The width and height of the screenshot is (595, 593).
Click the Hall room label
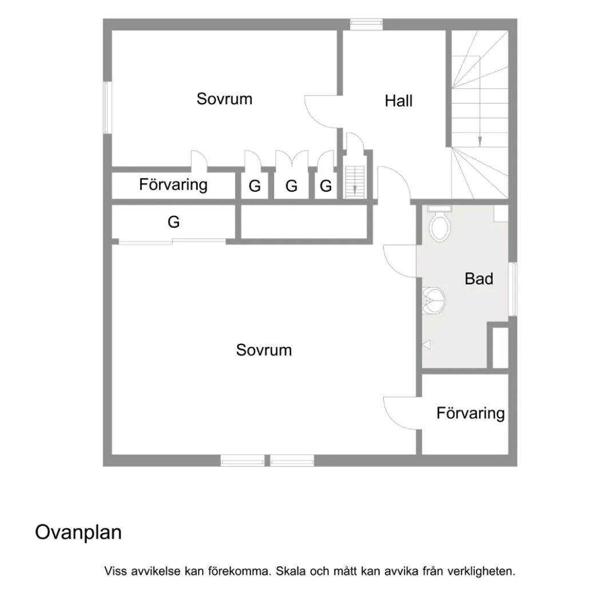(x=398, y=101)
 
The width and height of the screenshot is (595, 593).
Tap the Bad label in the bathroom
(x=479, y=279)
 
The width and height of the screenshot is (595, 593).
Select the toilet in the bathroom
(x=440, y=224)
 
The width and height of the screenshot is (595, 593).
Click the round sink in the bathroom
(x=433, y=301)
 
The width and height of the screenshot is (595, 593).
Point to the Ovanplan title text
(x=78, y=532)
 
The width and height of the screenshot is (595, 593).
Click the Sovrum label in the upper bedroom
(x=224, y=98)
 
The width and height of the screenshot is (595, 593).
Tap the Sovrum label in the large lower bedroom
(x=264, y=350)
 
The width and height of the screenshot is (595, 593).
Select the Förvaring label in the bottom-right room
(x=470, y=413)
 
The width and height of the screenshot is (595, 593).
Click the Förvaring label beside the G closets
(x=173, y=184)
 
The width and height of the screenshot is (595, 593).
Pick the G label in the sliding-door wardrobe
(x=173, y=222)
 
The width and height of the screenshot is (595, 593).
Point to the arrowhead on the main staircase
(x=479, y=141)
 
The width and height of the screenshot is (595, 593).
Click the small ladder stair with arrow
(x=354, y=182)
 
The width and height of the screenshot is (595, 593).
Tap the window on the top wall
(x=366, y=25)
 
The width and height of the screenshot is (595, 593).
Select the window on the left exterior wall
(x=108, y=108)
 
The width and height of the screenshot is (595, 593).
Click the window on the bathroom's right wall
(x=513, y=289)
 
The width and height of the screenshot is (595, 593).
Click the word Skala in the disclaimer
(x=291, y=571)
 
